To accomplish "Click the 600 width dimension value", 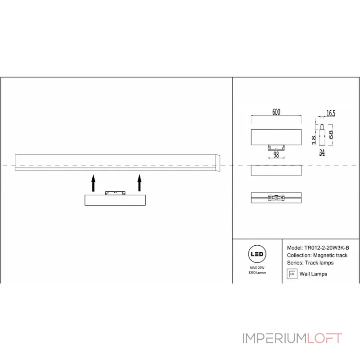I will (276, 112).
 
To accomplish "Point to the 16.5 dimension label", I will (331, 113).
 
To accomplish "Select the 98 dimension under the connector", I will (276, 154).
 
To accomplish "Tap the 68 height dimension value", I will (331, 135).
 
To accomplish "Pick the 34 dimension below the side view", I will (322, 153).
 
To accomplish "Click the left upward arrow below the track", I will (93, 183).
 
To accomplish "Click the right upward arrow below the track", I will (139, 183).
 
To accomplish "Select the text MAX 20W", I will (257, 268).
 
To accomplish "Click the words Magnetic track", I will (330, 255).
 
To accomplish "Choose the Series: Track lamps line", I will (310, 262).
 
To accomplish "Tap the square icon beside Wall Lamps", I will (292, 274).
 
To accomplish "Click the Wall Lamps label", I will (313, 274).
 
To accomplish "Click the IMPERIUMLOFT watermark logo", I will (292, 338).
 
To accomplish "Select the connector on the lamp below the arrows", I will (114, 193).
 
